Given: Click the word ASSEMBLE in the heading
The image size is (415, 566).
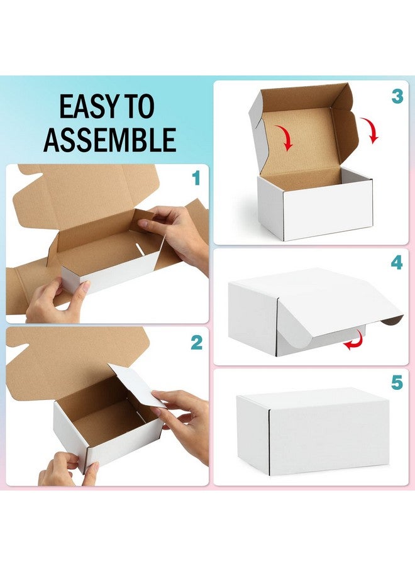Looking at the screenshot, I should pos(110,140).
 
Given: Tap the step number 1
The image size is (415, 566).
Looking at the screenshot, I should pos(196,179).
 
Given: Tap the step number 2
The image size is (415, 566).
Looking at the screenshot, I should pos(196,343).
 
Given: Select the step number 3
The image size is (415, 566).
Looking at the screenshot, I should pos(397,96).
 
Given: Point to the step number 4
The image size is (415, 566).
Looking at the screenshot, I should pos(397,262).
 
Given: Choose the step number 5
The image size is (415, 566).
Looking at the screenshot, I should pos(397,383).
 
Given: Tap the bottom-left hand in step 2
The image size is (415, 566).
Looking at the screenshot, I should pos(66,469).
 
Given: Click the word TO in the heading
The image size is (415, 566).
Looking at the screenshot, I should pos(139,108).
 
